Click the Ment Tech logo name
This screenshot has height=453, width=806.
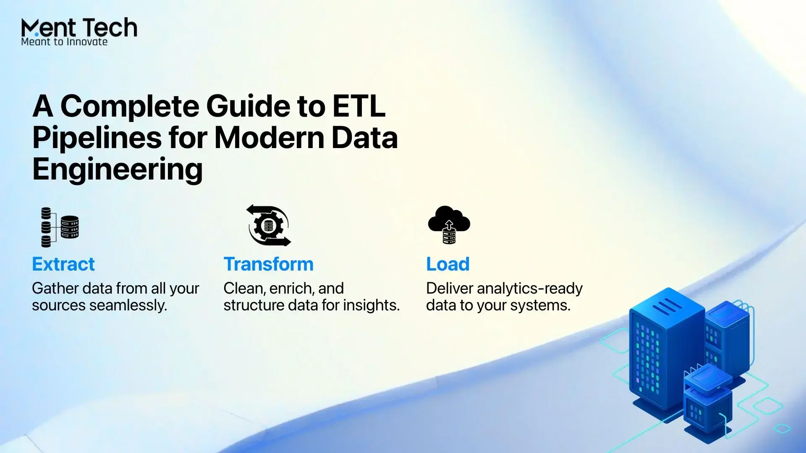point(79,28)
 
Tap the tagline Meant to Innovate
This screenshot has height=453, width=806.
point(64,42)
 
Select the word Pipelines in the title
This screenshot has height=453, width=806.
point(97,138)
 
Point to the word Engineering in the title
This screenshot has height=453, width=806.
point(118,169)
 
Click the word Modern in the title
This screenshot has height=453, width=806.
point(270,138)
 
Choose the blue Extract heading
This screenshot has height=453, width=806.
point(63,264)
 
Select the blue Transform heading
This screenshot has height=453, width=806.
point(269,264)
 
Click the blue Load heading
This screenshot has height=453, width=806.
point(448,264)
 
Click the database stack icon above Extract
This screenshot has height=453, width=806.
point(60,227)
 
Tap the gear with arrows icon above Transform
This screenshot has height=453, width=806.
point(269,225)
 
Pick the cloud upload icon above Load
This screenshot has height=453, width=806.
point(449,224)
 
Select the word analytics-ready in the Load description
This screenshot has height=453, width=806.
point(530,289)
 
